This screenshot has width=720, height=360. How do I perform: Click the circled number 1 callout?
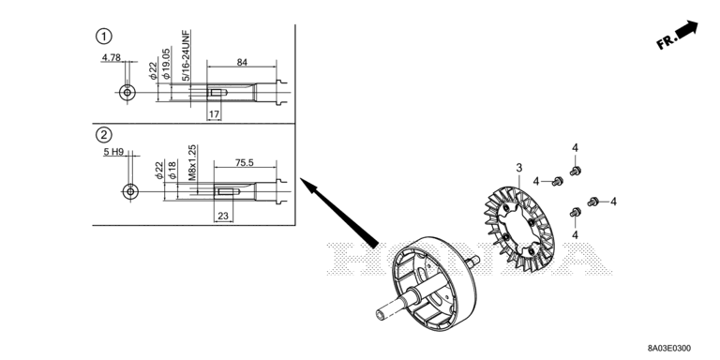pyautogui.click(x=104, y=36)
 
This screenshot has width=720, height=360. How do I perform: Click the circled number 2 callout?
pyautogui.click(x=104, y=135)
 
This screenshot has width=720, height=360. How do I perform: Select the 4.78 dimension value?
pyautogui.click(x=112, y=57)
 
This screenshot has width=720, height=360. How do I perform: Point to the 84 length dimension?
pyautogui.click(x=242, y=62)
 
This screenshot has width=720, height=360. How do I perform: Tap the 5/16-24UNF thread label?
pyautogui.click(x=186, y=55)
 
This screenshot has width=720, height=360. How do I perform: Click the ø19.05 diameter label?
pyautogui.click(x=166, y=63)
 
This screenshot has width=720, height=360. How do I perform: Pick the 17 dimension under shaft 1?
pyautogui.click(x=214, y=114)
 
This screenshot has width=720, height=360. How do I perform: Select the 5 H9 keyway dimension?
pyautogui.click(x=113, y=152)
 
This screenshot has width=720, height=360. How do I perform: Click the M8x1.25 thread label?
pyautogui.click(x=192, y=162)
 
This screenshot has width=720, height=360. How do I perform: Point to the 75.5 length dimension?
pyautogui.click(x=245, y=162)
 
